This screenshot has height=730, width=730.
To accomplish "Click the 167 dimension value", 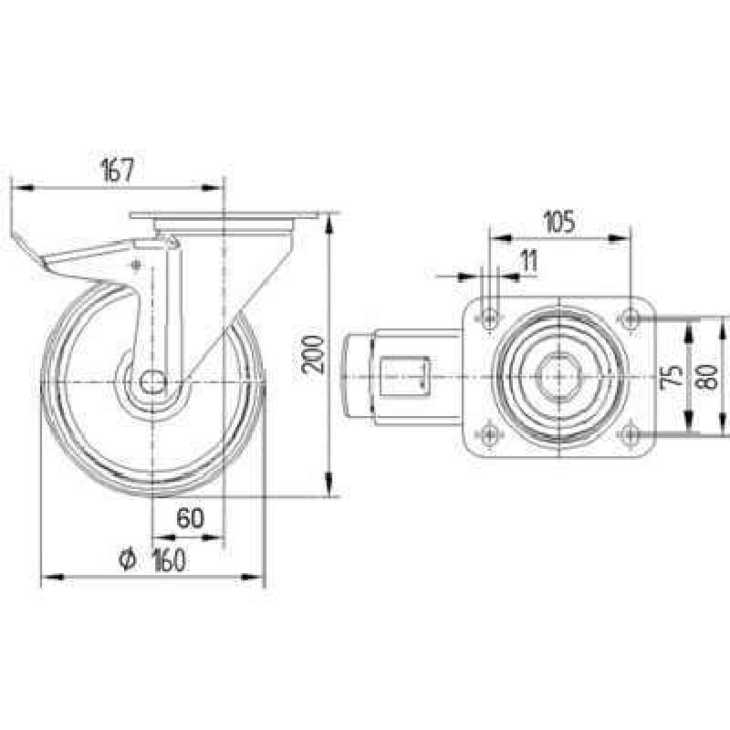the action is pos(118,170).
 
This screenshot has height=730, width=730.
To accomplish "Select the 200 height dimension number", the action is pos(313,355).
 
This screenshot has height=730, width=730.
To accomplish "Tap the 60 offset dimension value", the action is pos(190,517).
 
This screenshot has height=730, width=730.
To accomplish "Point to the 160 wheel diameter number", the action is pos(169,559).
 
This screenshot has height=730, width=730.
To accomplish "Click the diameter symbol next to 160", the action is pos(127,559).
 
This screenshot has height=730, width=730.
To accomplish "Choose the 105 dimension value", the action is pos(559,222).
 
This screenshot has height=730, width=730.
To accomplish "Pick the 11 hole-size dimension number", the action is pos(528,260).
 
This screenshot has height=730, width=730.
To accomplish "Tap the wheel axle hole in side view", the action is pos(153,382).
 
